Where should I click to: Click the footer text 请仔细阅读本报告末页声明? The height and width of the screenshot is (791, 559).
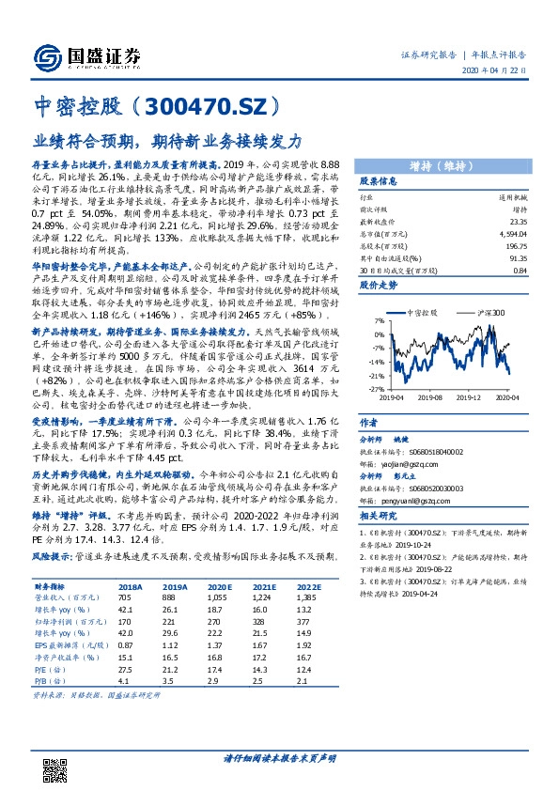pos(278,757)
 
